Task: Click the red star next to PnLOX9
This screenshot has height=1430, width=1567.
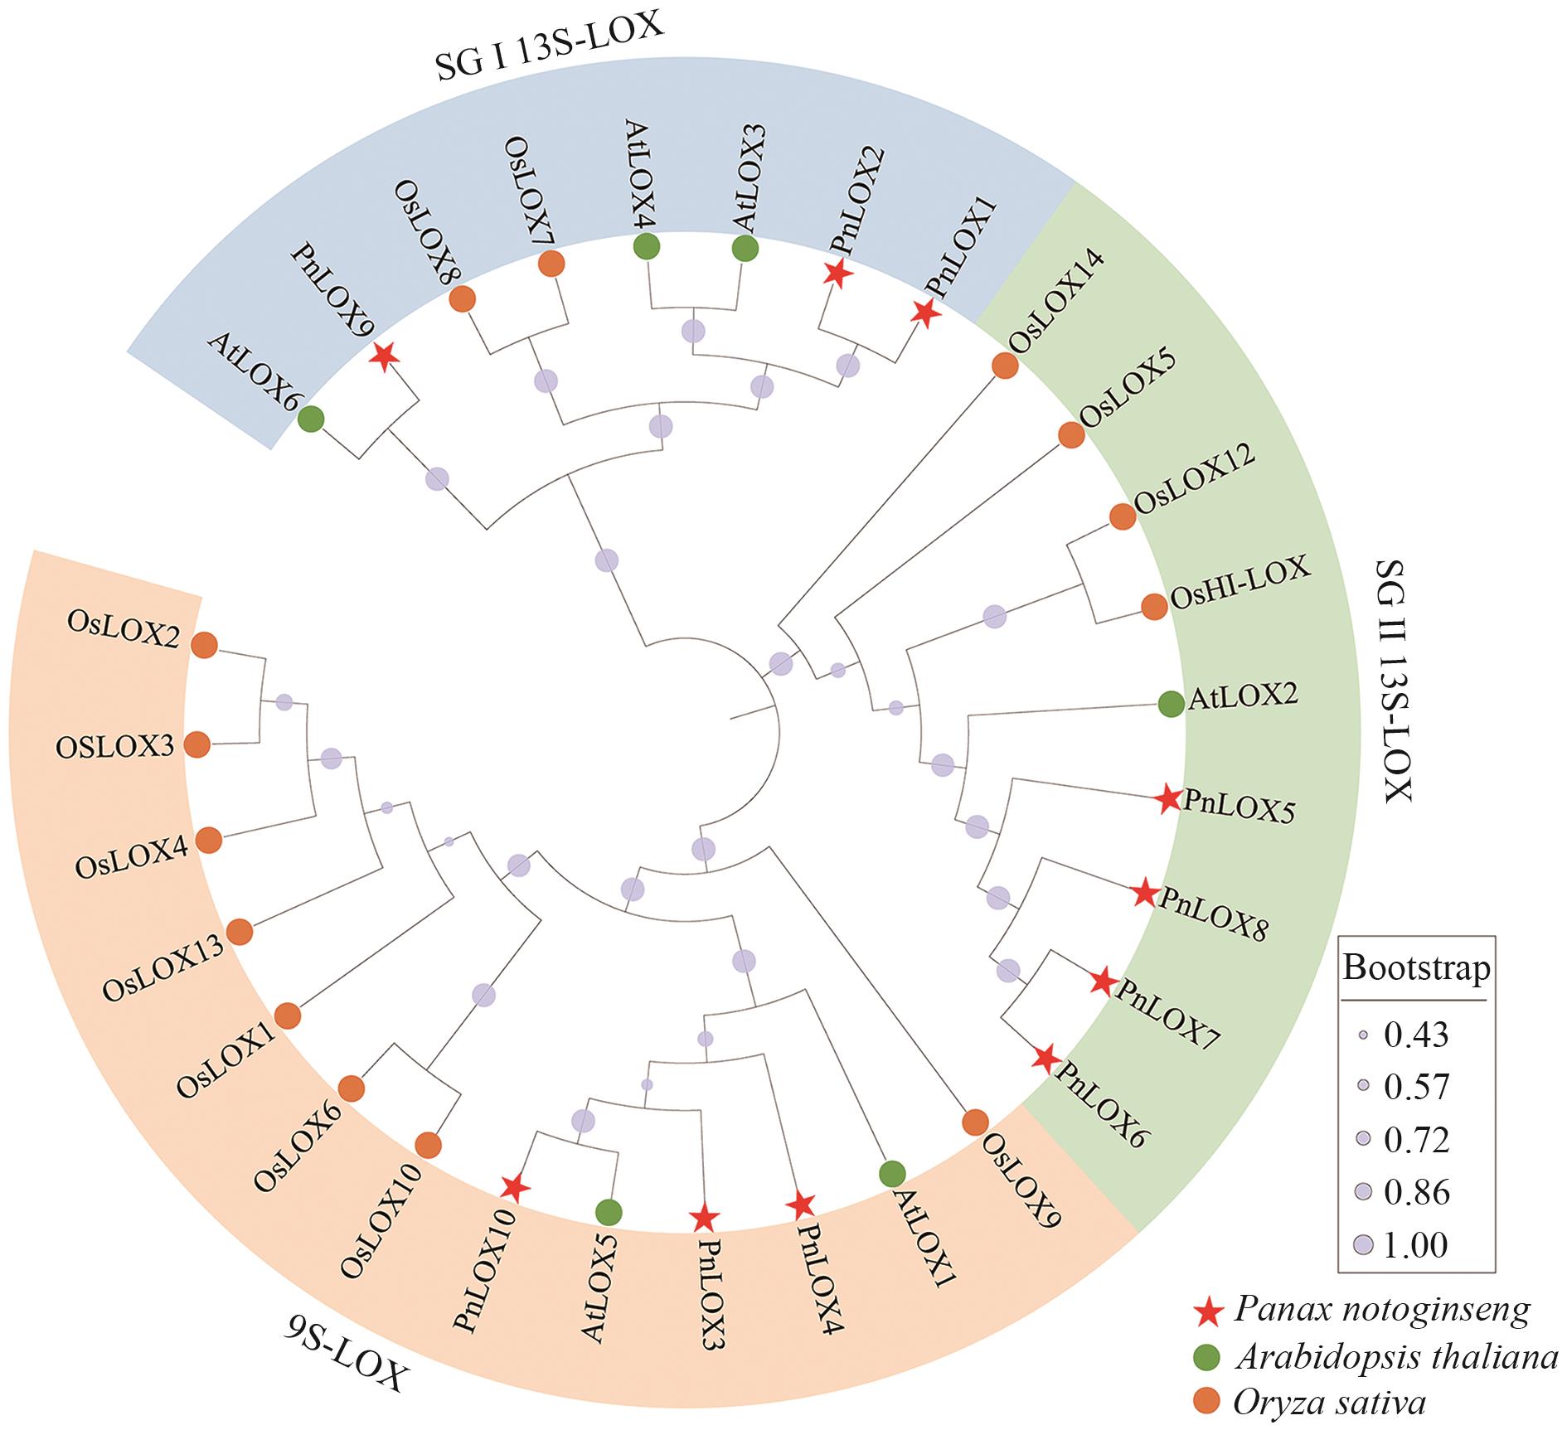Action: (383, 356)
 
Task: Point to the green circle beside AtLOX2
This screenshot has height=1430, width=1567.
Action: (1170, 705)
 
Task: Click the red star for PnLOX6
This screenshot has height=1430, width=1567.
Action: (1045, 1058)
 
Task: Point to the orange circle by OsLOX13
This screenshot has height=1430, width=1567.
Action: (240, 932)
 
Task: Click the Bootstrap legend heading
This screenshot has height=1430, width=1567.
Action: (1416, 968)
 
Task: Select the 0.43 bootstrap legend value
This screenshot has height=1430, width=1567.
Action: (1416, 1035)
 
